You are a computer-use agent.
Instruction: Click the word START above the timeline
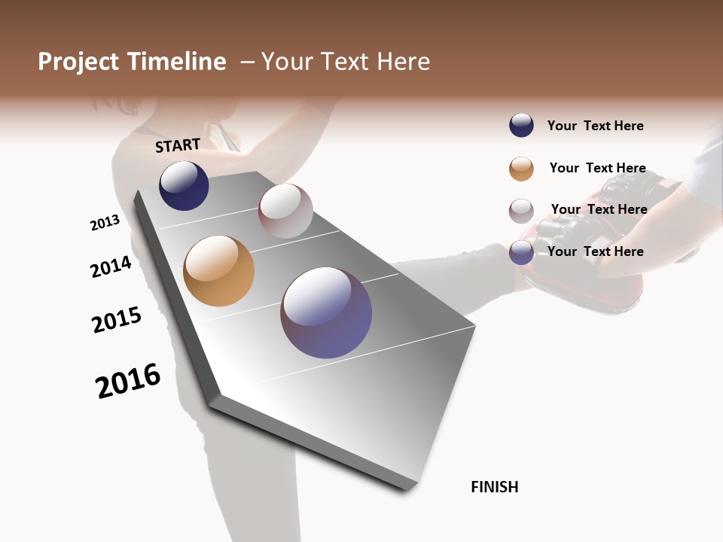point(178,145)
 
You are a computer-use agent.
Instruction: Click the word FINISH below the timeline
point(494,487)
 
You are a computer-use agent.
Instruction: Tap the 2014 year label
point(111,266)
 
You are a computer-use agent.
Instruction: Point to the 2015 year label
point(117,319)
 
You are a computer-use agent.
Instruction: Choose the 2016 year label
point(128,380)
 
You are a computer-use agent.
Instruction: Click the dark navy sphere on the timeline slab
point(184,186)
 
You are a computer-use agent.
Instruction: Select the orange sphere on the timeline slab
point(218,271)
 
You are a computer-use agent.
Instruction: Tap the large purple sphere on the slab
point(326,312)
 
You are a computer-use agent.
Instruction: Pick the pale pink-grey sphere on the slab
point(285,211)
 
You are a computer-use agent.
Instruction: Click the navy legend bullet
point(521,126)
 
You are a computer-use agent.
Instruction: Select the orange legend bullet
point(521,169)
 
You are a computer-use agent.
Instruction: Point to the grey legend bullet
point(521,211)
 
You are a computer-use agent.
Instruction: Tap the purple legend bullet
point(521,252)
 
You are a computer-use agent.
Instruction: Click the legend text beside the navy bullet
point(595,126)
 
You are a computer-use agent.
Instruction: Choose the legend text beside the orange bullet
point(597,168)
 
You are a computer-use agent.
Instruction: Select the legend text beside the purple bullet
point(595,251)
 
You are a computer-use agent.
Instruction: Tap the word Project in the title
point(79,62)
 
